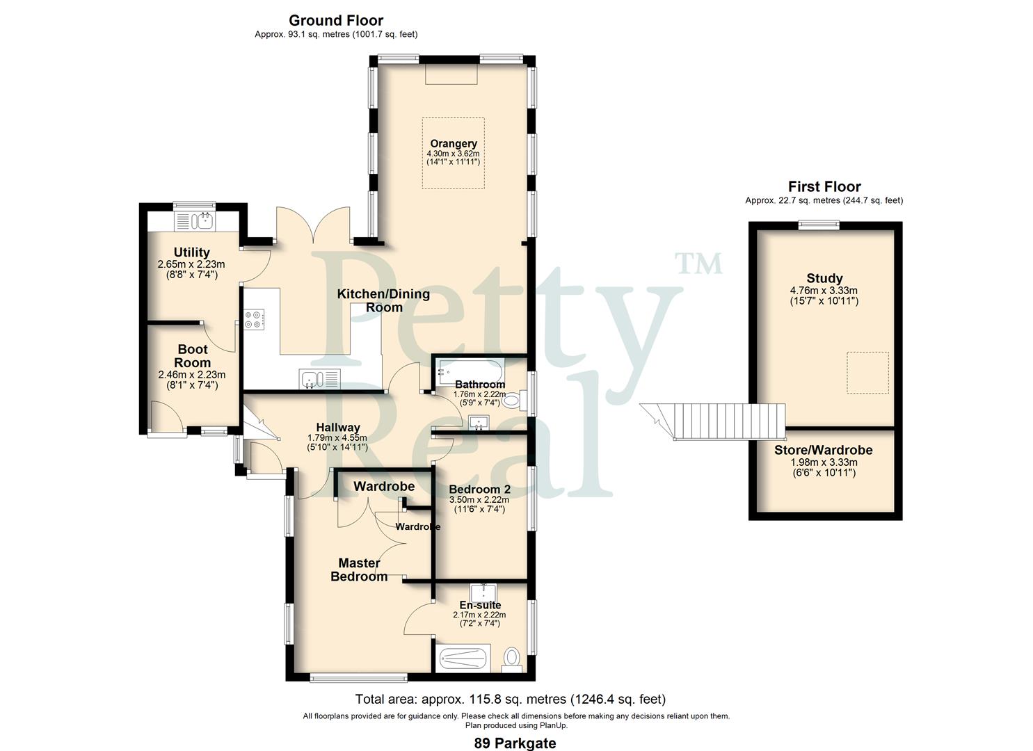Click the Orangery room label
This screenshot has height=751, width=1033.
pos(453,144)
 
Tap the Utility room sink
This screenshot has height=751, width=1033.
pos(205,221)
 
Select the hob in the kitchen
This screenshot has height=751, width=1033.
pos(253,319)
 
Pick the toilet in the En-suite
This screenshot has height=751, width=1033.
pos(513,657)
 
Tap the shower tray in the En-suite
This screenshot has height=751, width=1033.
pos(463,658)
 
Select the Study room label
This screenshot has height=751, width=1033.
pos(824,278)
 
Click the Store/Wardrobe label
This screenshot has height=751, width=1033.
pos(823,450)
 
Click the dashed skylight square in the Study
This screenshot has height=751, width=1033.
pos(867,373)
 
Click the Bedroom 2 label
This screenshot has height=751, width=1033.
pos(479,490)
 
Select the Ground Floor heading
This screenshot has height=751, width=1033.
pos(335,20)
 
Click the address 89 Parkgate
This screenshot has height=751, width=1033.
pos(515,743)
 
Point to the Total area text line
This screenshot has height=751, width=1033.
pos(510,699)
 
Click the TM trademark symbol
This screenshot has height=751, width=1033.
pos(698,264)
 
